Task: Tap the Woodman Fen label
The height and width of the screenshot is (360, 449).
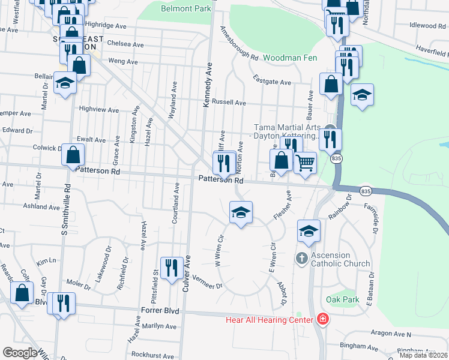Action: (x=292, y=57)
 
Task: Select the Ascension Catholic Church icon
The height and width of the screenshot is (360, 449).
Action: (x=301, y=258)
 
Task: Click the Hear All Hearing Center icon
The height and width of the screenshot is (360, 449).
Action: (x=323, y=319)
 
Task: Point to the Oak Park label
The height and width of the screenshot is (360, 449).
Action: (x=342, y=299)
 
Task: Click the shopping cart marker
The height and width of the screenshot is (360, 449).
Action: (x=306, y=162)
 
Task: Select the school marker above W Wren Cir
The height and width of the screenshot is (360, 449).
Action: (x=241, y=212)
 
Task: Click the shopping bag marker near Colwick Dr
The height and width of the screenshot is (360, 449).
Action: (x=73, y=155)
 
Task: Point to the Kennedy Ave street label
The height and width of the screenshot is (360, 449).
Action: (x=208, y=86)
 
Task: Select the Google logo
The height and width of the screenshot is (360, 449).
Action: (x=20, y=353)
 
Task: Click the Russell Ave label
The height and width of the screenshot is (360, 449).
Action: (x=229, y=103)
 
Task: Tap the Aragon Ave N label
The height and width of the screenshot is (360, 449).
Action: (x=391, y=334)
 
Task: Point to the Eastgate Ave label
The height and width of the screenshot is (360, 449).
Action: (x=272, y=82)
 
